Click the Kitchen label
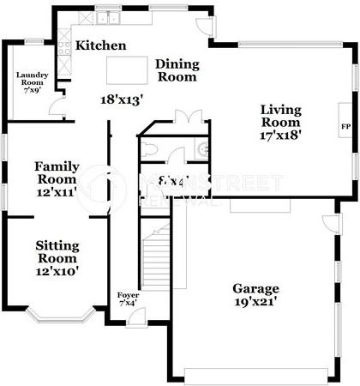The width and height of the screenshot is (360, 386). click(101, 45)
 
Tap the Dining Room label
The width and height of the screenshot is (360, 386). click(177, 70)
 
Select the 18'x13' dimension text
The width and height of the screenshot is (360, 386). click(121, 99)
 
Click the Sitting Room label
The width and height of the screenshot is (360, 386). click(57, 251)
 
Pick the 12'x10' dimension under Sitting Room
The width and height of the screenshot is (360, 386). click(57, 271)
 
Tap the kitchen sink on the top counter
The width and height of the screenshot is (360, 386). click(108, 17)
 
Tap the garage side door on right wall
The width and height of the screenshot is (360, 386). click(331, 224)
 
